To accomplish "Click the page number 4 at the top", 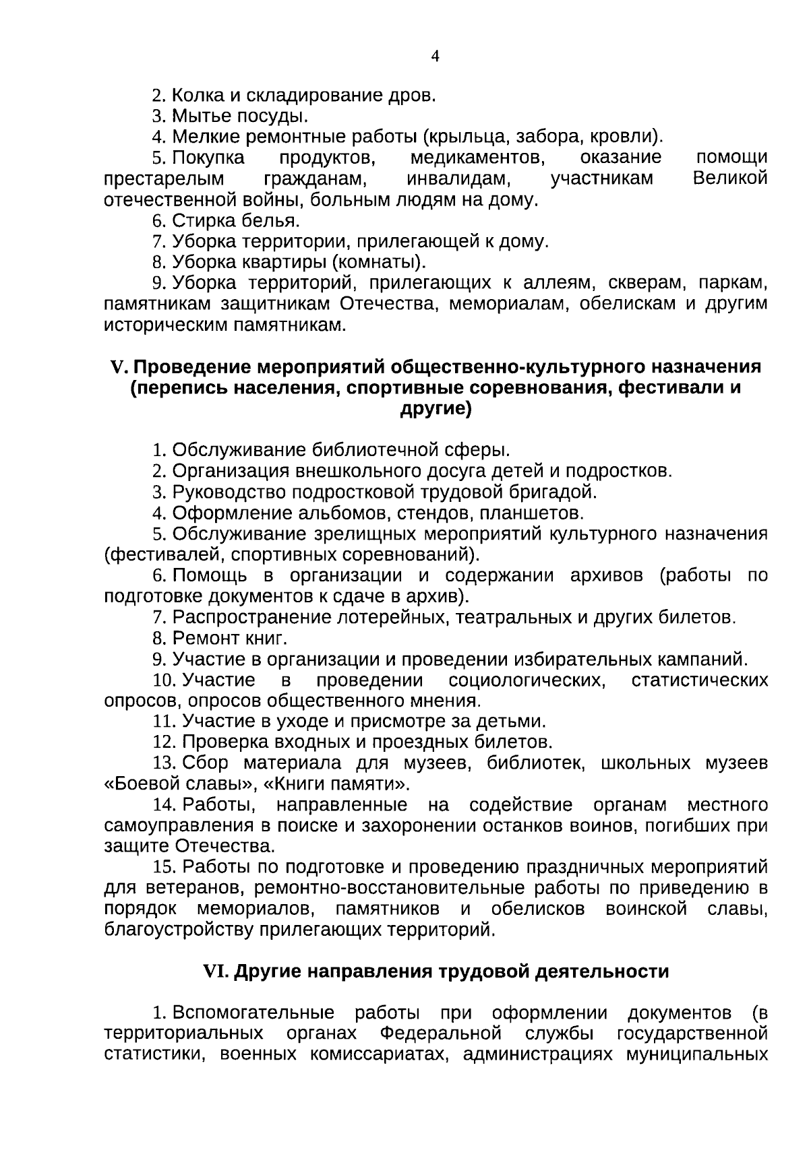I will tap(435, 57).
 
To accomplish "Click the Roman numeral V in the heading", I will tap(118, 368).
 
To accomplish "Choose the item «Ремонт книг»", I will tap(230, 638).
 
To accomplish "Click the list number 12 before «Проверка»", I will tap(164, 742).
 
